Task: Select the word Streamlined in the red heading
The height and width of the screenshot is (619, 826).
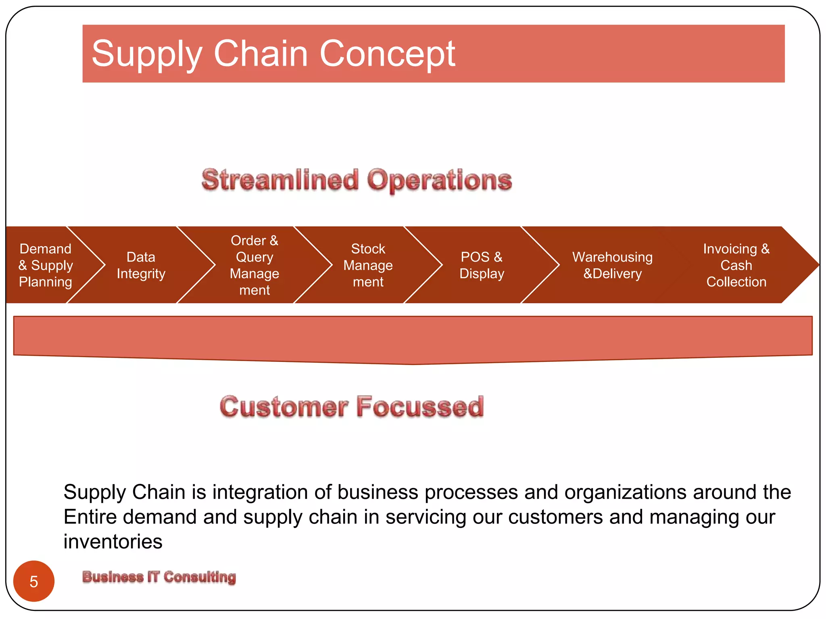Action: (280, 180)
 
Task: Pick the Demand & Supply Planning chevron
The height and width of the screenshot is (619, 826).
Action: (46, 265)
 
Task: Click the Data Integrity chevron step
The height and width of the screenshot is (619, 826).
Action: (141, 265)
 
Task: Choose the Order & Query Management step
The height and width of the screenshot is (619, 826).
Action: (254, 265)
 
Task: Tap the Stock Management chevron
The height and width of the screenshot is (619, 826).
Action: (368, 265)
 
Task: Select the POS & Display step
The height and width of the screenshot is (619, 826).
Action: (482, 265)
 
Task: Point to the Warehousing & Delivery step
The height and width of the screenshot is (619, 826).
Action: (612, 265)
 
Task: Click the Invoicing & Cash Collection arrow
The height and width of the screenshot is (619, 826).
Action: (736, 265)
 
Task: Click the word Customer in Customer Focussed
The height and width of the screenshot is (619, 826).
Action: (284, 407)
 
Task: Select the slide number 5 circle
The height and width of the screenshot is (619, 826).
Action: (34, 581)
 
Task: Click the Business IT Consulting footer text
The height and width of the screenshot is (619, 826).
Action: (159, 577)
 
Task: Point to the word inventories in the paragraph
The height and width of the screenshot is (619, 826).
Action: (113, 542)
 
